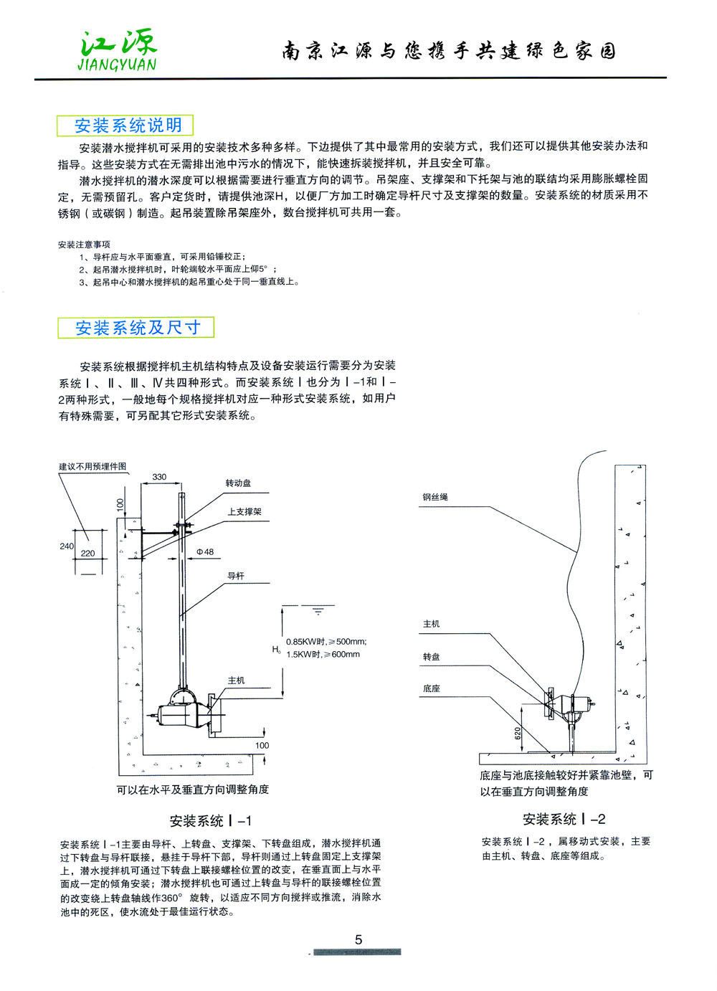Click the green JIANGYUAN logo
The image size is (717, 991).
[x=118, y=51]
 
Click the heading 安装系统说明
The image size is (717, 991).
[x=128, y=125]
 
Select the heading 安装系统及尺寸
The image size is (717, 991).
[x=137, y=328]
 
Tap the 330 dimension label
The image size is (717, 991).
[x=159, y=477]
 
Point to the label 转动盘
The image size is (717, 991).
[x=239, y=483]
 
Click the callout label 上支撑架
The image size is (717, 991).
[x=244, y=512]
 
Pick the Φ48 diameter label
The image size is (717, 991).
[x=205, y=552]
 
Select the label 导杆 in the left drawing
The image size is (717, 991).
[x=236, y=576]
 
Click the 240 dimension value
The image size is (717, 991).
[x=67, y=546]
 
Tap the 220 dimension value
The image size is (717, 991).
[x=87, y=554]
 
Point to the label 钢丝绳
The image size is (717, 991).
[x=435, y=497]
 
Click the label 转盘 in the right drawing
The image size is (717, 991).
[x=432, y=657]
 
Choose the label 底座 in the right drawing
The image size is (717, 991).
[x=432, y=689]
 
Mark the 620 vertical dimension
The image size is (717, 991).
[x=518, y=734]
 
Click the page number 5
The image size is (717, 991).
[x=358, y=939]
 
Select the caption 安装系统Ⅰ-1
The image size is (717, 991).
[x=211, y=821]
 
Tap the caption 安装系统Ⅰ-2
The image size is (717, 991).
[x=564, y=820]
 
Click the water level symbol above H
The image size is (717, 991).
[x=318, y=611]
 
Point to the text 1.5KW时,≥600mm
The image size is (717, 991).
[x=323, y=655]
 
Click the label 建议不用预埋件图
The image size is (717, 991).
[x=92, y=467]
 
